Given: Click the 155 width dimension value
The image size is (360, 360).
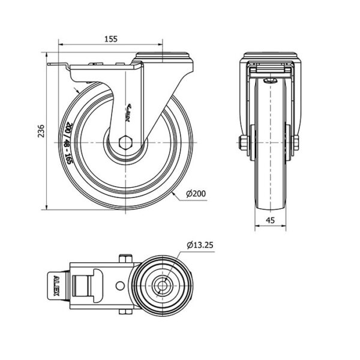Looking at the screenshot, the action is coord(111,39).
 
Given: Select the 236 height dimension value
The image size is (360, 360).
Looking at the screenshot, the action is coord(41,131).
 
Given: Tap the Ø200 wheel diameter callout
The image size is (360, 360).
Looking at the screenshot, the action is coord(196,194).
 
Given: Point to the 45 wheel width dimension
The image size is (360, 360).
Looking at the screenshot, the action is coord(270,220).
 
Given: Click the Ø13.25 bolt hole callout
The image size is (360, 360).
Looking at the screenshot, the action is coord(200,245).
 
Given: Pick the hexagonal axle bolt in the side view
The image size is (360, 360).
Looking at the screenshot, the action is coord(125,143).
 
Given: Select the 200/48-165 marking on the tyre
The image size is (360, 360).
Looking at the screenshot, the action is coord(68,143).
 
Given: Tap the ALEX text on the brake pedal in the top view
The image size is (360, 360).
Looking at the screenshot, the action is coord(56,286).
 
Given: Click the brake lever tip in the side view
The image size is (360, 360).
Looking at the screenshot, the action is coord(49,65).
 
